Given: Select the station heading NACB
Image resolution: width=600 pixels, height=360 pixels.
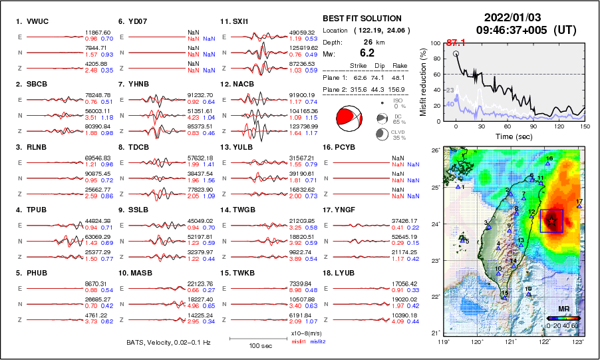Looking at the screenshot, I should point(249,85).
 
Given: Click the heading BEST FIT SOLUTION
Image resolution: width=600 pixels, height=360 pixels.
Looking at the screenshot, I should point(362,19).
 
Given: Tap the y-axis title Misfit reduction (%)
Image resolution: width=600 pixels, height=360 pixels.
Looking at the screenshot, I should point(423,81).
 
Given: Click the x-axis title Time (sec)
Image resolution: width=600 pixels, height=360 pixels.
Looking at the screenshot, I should point(512,136).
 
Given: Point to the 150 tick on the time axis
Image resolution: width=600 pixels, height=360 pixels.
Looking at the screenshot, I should point(585,126).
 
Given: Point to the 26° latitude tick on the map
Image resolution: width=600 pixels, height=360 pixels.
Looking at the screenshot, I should point(435,151).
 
